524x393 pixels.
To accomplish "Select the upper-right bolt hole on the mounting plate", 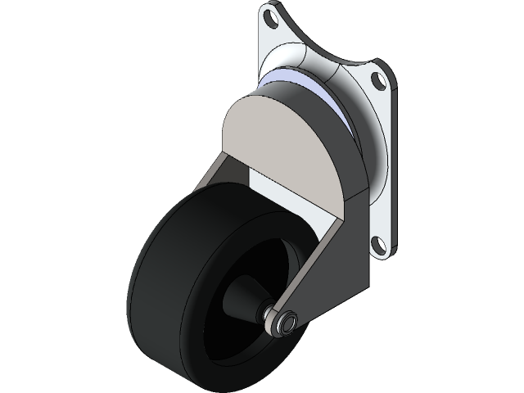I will point(376,80).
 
